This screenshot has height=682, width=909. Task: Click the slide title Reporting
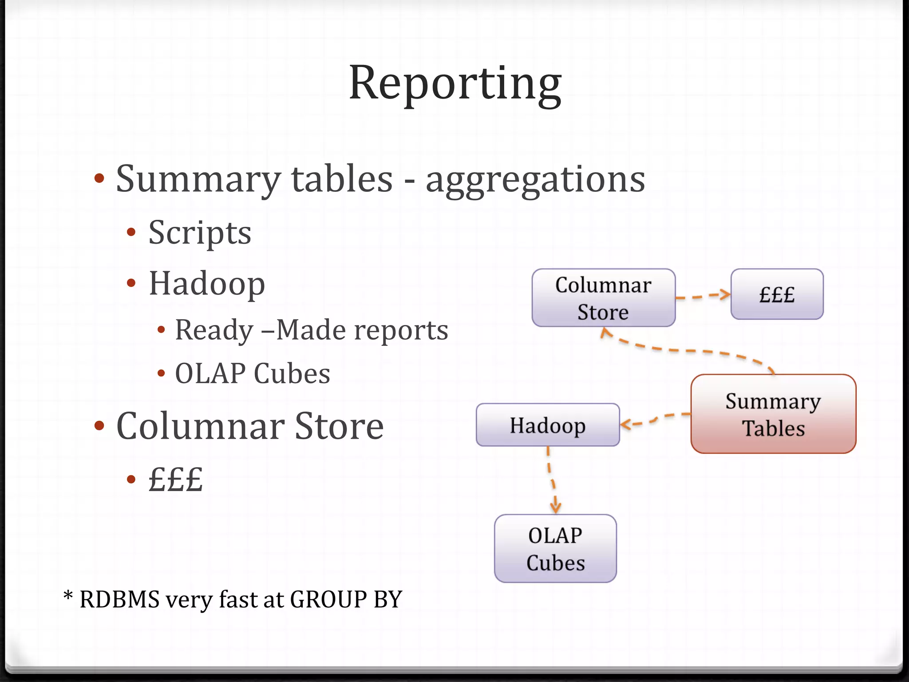(x=455, y=83)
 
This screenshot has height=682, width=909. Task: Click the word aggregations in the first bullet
(x=535, y=180)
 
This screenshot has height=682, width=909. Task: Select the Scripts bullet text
(x=200, y=233)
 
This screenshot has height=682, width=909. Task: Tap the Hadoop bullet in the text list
(x=207, y=284)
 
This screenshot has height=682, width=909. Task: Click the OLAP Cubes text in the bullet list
(x=253, y=373)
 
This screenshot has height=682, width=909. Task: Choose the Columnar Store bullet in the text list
(x=250, y=426)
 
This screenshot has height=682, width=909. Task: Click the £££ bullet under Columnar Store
(x=176, y=479)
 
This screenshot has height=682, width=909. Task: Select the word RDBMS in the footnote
(x=119, y=599)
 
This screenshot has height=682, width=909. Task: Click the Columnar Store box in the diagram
(x=603, y=298)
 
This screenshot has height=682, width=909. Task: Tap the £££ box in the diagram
(x=777, y=294)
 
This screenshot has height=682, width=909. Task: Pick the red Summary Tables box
(x=773, y=414)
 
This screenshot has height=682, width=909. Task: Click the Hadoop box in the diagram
(x=547, y=425)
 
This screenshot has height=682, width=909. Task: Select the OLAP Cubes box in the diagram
(x=555, y=549)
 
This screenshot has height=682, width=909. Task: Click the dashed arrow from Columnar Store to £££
(x=703, y=296)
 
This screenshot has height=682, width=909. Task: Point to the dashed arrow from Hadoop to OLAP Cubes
(x=551, y=480)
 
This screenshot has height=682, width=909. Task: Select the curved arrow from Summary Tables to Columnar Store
(x=688, y=350)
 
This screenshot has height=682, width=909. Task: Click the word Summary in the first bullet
(x=198, y=180)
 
